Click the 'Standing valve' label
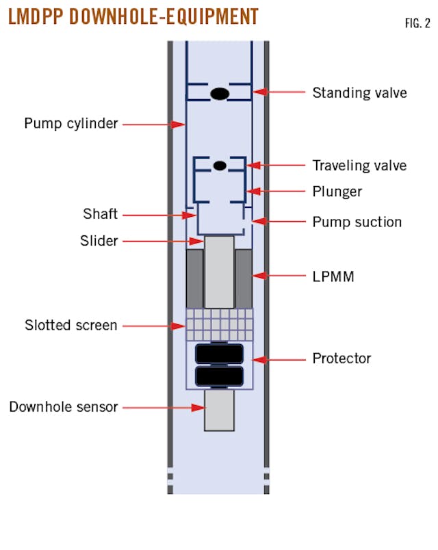pyautogui.click(x=359, y=92)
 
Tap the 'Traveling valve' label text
pyautogui.click(x=359, y=166)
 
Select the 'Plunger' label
pyautogui.click(x=337, y=192)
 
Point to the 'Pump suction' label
pyautogui.click(x=357, y=222)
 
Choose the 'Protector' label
pyautogui.click(x=342, y=358)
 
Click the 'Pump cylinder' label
pyautogui.click(x=71, y=124)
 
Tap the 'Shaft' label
pyautogui.click(x=101, y=215)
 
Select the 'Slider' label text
pyautogui.click(x=99, y=241)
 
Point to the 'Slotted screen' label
pyautogui.click(x=71, y=326)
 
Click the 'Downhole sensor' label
pyautogui.click(x=64, y=407)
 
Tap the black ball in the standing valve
pyautogui.click(x=219, y=94)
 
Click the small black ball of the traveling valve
pyautogui.click(x=220, y=166)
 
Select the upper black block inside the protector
pyautogui.click(x=219, y=354)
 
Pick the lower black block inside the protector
pyautogui.click(x=219, y=376)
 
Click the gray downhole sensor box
pyautogui.click(x=219, y=410)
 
